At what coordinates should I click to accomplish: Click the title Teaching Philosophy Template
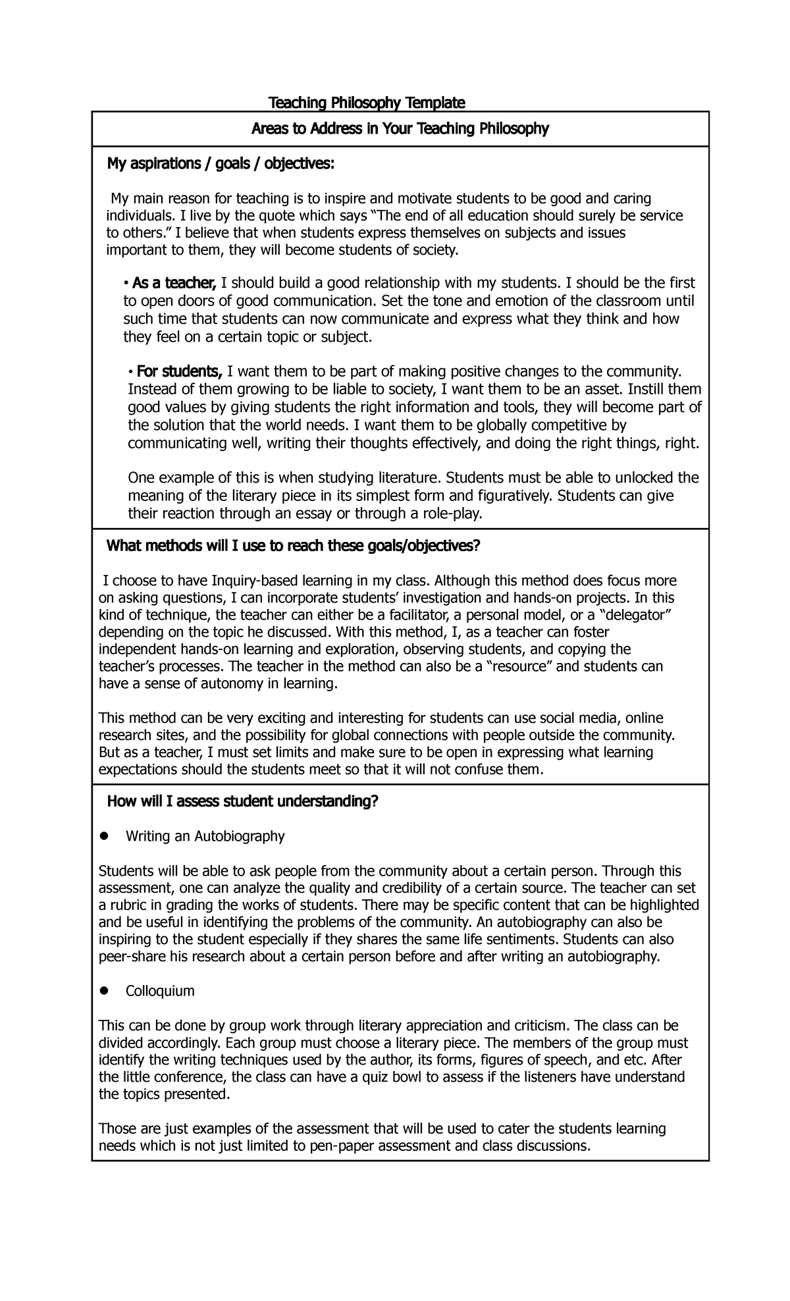click(367, 103)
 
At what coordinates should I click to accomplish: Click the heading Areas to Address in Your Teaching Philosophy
click(400, 129)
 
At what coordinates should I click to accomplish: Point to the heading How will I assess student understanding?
click(243, 801)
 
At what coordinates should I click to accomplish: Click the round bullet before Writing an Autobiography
click(103, 836)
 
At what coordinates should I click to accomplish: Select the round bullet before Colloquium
click(103, 991)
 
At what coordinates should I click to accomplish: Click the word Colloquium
click(160, 991)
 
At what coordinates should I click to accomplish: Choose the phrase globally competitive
click(536, 425)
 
